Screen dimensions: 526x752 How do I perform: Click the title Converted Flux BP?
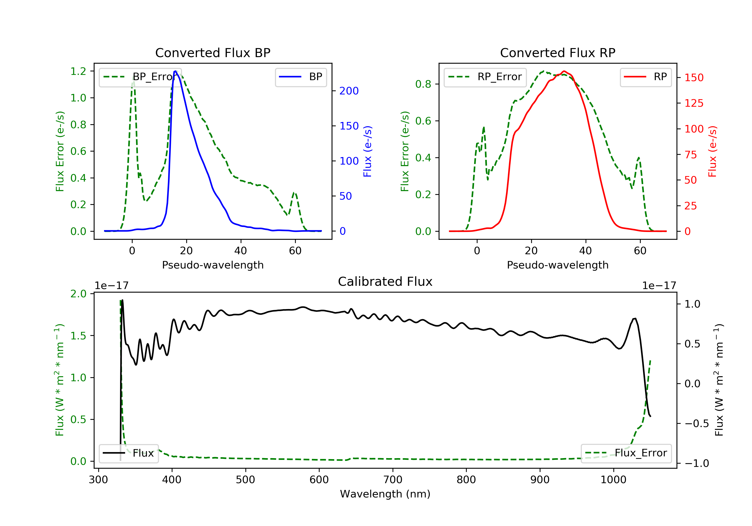(x=213, y=53)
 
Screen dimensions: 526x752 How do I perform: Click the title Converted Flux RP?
(x=557, y=53)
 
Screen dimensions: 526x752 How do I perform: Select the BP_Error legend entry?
(x=140, y=77)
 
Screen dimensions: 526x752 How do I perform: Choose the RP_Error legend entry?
(x=485, y=77)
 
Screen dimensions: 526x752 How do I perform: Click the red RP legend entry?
(x=645, y=77)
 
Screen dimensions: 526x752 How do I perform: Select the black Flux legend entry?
(x=129, y=453)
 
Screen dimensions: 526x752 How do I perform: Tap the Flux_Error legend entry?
(x=626, y=453)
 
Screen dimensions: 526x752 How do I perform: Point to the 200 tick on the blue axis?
(x=349, y=91)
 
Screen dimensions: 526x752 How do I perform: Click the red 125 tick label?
(x=694, y=103)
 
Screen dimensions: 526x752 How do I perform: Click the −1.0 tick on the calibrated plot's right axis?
(x=696, y=463)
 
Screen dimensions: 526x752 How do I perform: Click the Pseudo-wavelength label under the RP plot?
(x=557, y=265)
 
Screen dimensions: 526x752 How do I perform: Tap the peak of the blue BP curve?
(x=175, y=71)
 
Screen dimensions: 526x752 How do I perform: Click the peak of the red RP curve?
(x=564, y=71)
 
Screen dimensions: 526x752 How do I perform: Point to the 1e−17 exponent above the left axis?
(x=111, y=286)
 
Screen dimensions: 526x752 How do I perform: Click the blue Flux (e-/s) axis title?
(x=367, y=151)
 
